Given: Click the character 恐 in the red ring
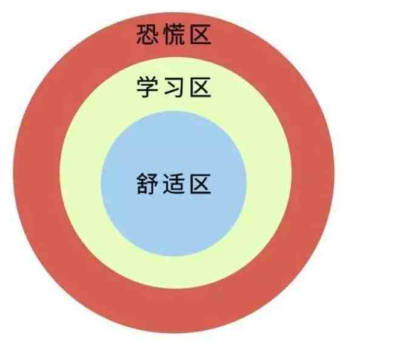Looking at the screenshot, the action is point(147,35).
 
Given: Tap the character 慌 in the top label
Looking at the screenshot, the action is point(174,35).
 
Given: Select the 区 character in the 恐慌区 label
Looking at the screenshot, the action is point(201,35).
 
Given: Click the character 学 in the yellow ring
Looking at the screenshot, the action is point(147,87).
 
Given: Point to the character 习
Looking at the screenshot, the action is point(174,87).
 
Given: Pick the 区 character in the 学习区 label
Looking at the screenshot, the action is point(201,87).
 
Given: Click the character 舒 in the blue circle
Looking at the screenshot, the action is point(147,184).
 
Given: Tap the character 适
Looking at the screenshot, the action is point(174,184).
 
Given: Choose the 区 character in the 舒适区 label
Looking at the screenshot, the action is point(201,184).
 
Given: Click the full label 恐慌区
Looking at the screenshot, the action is point(174,35).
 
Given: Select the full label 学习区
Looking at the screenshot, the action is point(174,87).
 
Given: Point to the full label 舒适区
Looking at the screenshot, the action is point(174,184).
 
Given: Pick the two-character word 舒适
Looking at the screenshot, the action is point(161,184).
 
